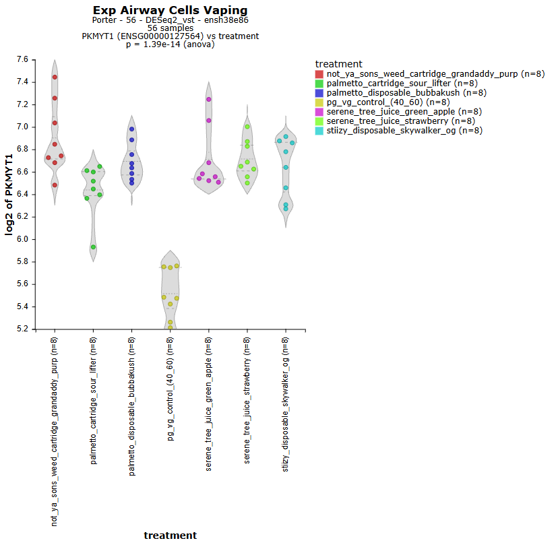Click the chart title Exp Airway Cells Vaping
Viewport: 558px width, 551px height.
pos(170,11)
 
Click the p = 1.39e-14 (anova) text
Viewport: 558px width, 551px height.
pos(170,44)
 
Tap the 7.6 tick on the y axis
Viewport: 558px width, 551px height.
pos(22,60)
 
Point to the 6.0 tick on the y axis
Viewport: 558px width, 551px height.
pos(22,239)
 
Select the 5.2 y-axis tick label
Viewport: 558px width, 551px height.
pos(22,329)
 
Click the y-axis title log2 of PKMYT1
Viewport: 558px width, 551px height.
pos(10,194)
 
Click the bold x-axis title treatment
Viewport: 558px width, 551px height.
pos(170,536)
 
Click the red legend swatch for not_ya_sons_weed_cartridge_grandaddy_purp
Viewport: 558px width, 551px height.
pos(319,74)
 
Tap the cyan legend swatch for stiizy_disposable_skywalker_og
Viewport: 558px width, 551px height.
pos(319,131)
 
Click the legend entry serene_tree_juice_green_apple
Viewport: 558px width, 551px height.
pos(394,112)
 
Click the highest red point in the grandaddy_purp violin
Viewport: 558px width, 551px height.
pos(55,77)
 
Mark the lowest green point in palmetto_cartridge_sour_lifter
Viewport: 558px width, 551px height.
pos(93,247)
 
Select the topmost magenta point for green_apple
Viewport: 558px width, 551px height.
pos(209,99)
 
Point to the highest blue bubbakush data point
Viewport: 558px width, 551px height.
pos(132,129)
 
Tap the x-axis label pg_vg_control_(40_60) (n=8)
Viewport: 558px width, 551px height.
pos(171,389)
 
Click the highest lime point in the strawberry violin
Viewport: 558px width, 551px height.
pos(247,127)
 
